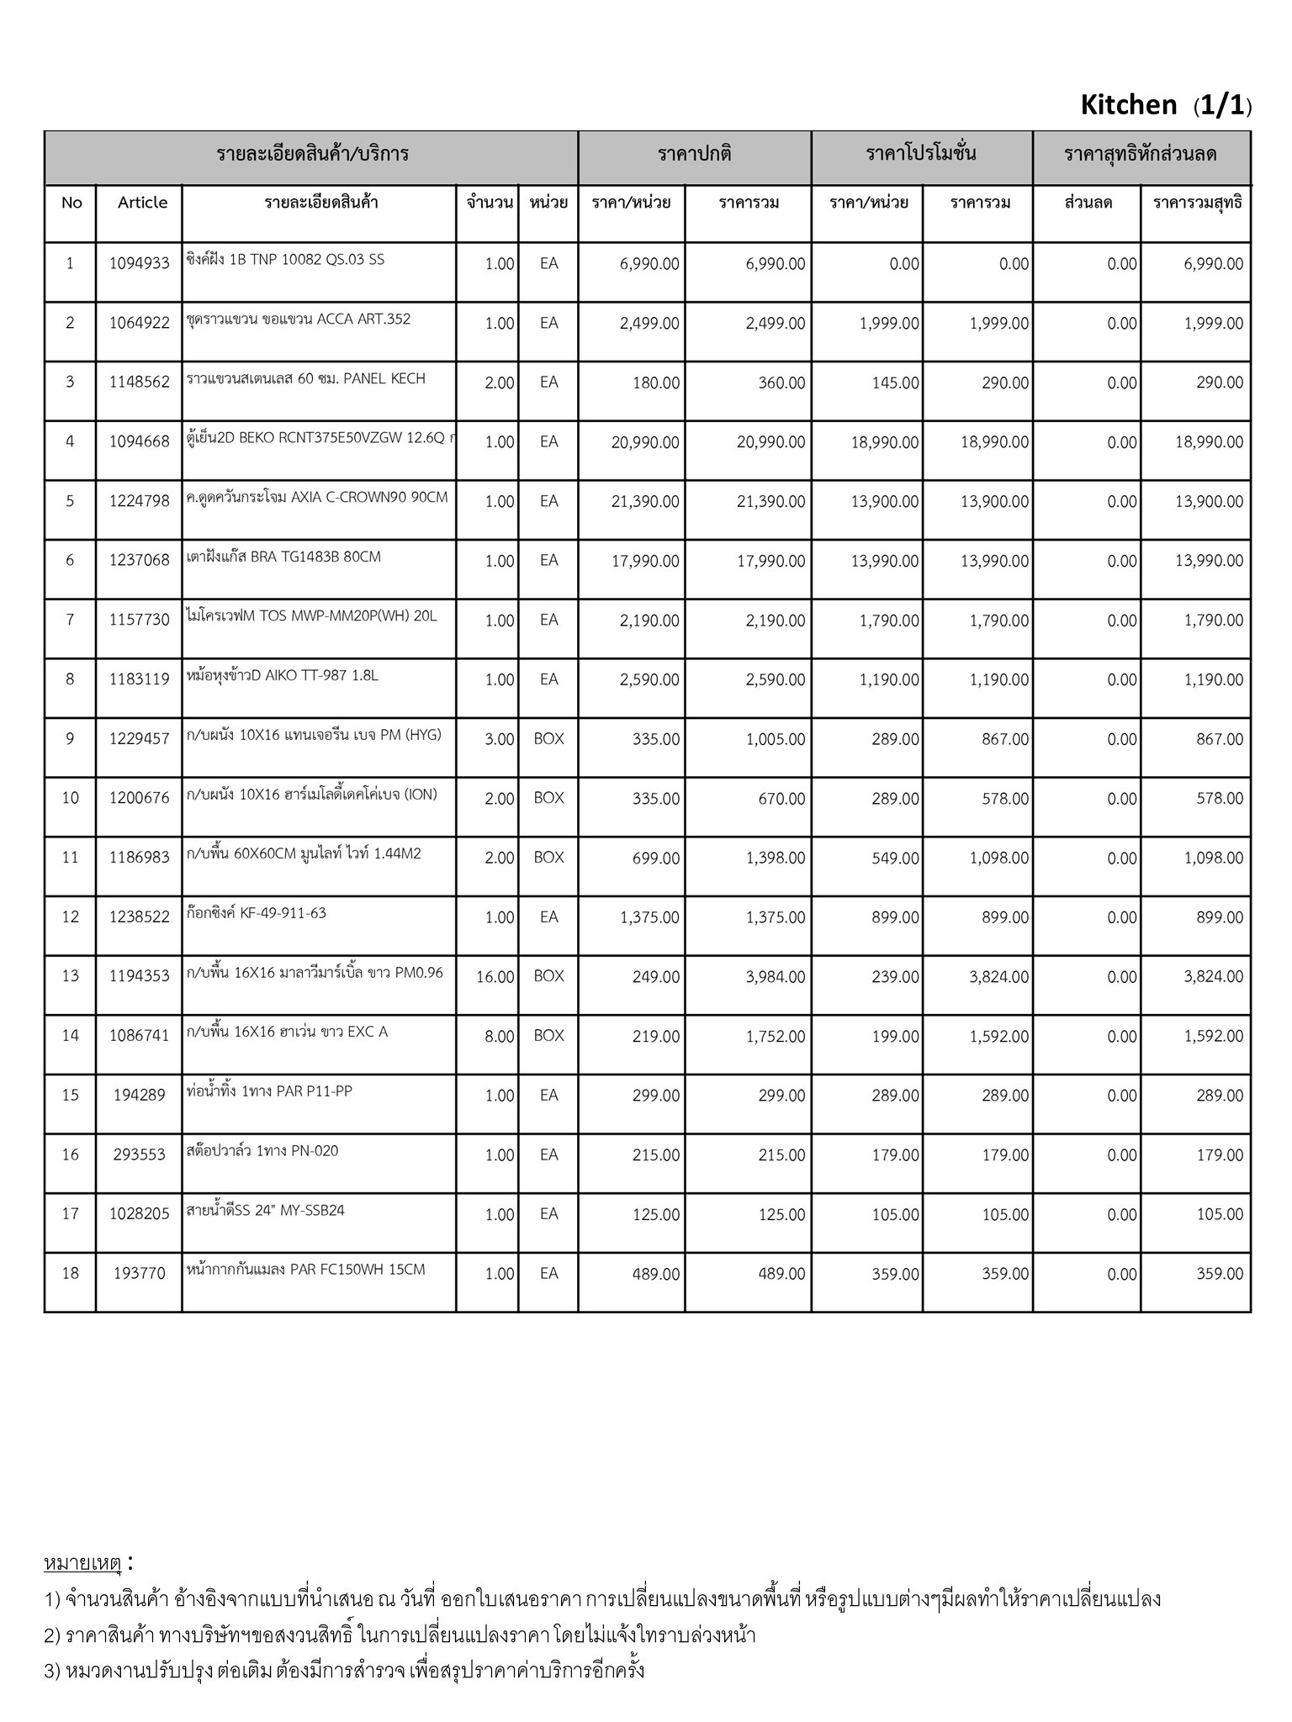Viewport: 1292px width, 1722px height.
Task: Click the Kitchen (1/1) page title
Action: coord(1165,105)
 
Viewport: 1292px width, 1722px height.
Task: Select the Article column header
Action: coord(142,203)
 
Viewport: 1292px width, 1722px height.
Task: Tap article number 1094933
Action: coord(139,263)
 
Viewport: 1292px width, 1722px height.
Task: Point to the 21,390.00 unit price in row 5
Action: coord(645,502)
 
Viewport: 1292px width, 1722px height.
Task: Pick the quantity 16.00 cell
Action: coord(495,977)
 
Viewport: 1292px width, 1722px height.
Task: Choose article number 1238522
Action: coord(139,917)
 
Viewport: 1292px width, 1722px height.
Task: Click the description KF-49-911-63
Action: coord(257,913)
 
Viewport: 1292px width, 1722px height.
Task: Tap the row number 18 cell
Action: coord(71,1274)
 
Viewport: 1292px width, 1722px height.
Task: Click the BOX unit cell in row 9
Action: coord(548,739)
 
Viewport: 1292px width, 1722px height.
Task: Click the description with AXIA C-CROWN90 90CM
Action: coord(317,497)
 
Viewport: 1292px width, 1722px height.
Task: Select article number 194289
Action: coord(139,1096)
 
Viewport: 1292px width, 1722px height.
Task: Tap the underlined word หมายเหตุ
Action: coord(83,1564)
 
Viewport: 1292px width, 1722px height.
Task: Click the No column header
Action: coord(71,203)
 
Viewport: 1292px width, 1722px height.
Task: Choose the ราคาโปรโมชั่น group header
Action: coord(921,155)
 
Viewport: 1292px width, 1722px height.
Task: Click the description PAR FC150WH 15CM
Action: coord(306,1270)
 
